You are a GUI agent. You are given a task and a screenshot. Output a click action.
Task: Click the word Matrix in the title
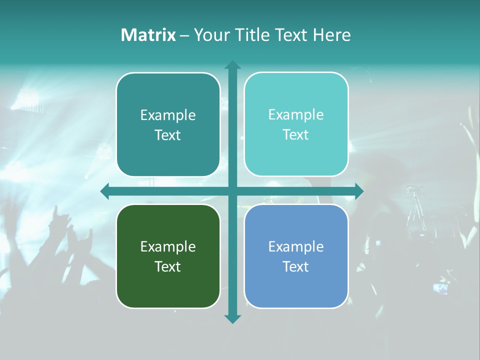(148, 35)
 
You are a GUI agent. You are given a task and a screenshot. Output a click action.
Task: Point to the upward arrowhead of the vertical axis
(232, 65)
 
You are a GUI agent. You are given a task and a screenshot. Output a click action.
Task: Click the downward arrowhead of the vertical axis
(232, 318)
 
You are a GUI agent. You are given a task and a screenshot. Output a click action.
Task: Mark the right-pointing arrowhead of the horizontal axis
(358, 191)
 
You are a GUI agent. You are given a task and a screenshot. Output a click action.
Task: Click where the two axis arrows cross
(232, 191)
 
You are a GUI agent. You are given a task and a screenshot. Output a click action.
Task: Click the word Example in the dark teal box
(168, 115)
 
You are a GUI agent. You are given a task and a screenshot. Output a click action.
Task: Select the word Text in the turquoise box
(296, 135)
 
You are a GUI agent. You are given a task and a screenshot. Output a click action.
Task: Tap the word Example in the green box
(168, 246)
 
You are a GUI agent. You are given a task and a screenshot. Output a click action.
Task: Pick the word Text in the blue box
(296, 266)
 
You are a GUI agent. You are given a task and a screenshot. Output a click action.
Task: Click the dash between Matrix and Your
(184, 35)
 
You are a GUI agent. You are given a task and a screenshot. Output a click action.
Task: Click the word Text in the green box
(168, 266)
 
